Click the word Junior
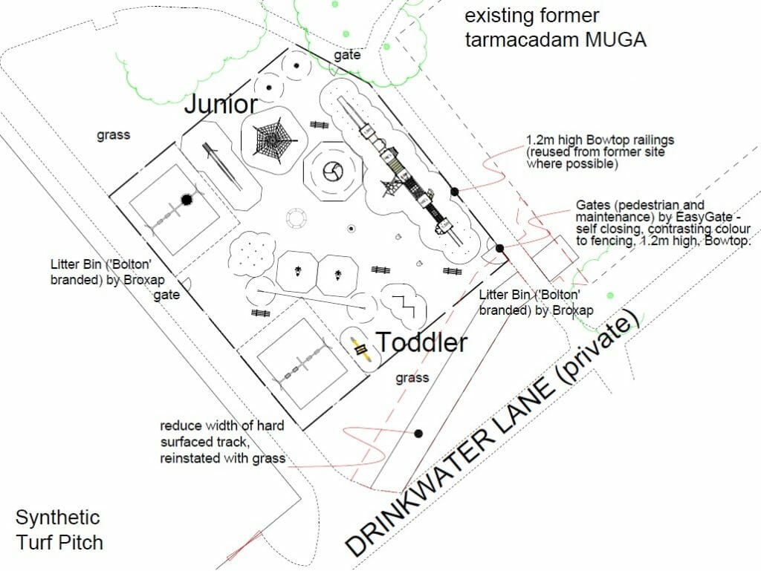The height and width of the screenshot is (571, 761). click(x=221, y=104)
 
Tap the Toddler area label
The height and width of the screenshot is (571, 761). click(x=422, y=342)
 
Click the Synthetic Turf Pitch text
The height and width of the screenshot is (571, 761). click(x=59, y=530)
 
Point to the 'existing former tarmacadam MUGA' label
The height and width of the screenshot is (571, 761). click(x=556, y=27)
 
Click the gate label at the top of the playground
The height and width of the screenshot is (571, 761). click(x=347, y=55)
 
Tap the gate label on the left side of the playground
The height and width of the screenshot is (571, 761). click(x=166, y=295)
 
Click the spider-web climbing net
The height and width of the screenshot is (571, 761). click(x=273, y=140)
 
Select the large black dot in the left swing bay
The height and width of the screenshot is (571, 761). click(x=187, y=199)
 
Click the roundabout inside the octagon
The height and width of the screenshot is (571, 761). click(x=334, y=171)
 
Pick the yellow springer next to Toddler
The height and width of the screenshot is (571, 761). click(x=360, y=349)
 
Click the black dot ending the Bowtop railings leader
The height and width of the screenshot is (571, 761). click(x=454, y=192)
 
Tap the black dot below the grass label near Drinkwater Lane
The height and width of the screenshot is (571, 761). click(x=418, y=434)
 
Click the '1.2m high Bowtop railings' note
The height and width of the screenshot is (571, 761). click(x=600, y=151)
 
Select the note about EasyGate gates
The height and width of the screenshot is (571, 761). click(x=663, y=223)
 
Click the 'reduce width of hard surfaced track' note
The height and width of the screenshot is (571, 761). click(x=223, y=442)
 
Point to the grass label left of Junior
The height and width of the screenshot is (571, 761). click(x=114, y=134)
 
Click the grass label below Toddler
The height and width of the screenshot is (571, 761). click(x=412, y=378)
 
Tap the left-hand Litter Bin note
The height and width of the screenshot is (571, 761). click(x=107, y=272)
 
